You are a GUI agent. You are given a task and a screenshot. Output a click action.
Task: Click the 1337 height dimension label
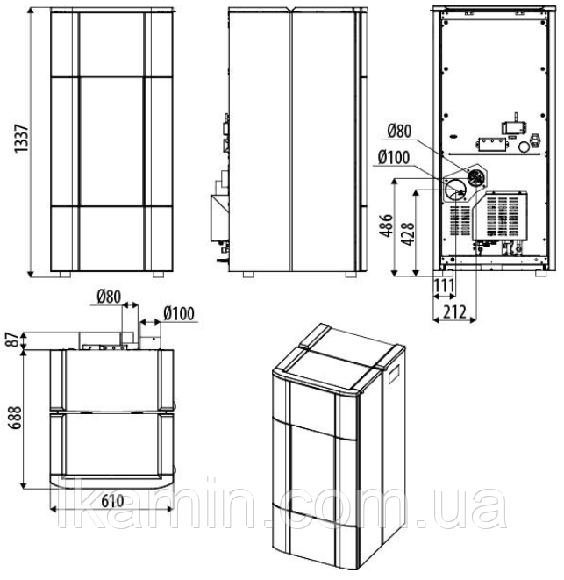tap(21, 139)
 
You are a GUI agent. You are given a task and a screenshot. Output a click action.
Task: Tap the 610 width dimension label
tap(112, 501)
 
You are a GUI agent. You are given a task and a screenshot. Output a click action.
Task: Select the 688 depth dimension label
tap(16, 418)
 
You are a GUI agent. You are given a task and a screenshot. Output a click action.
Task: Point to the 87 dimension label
tap(14, 340)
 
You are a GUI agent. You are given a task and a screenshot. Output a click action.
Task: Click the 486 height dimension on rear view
tap(386, 226)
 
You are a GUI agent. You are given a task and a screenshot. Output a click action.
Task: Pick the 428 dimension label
tap(408, 234)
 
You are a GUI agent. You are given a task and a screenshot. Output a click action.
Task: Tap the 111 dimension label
tap(444, 285)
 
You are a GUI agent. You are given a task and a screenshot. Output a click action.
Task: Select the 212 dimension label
tap(454, 311)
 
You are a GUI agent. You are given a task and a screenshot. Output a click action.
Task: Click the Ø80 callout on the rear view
tap(399, 131)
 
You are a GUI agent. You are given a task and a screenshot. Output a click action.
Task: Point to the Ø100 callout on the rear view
tap(394, 158)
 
